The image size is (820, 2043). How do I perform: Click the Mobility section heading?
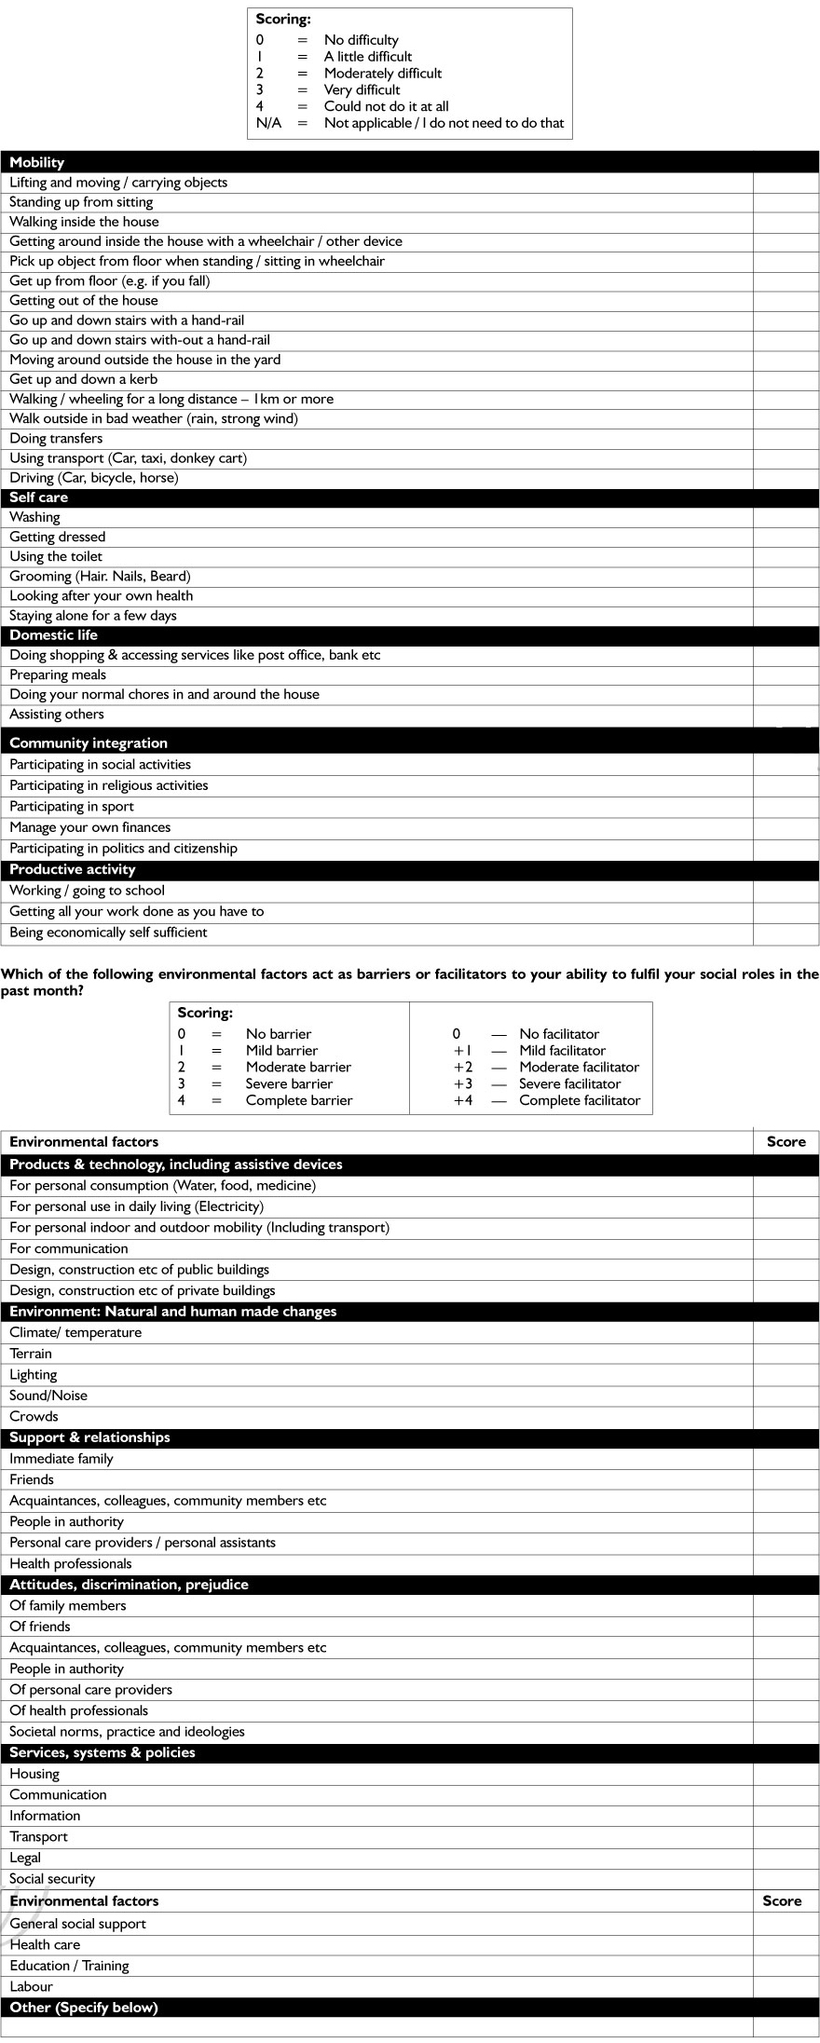(37, 162)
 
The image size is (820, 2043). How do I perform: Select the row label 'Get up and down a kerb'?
(84, 379)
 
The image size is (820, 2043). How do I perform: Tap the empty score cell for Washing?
(786, 517)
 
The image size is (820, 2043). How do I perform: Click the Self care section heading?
(39, 497)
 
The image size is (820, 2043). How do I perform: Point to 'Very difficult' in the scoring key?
(362, 89)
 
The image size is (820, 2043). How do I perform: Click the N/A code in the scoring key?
(268, 123)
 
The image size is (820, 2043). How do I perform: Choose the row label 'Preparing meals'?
(58, 674)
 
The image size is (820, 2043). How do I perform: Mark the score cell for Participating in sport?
(786, 807)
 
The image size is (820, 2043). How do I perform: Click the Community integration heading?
(89, 742)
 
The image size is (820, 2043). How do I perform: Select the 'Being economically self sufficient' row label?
(108, 933)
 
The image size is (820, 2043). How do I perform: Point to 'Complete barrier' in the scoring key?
(299, 1100)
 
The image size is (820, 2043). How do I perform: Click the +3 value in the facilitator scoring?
(463, 1083)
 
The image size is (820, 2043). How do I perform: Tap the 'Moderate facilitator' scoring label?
(580, 1067)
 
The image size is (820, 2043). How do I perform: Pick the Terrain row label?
(31, 1354)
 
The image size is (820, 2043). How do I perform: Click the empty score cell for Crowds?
(786, 1417)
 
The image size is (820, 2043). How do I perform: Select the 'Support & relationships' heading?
(89, 1437)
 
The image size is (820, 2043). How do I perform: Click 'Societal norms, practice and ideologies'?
(127, 1732)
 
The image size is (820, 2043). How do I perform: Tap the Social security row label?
(52, 1879)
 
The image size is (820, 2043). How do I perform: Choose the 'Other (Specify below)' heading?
(84, 2008)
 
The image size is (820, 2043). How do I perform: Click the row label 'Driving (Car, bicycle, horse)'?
(93, 478)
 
